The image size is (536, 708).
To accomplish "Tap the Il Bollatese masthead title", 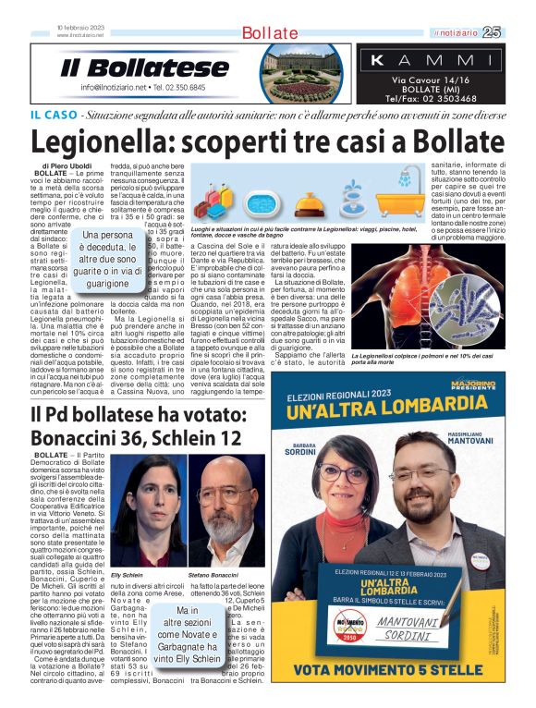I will (145, 67).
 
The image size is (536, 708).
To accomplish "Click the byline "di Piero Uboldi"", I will (66, 165).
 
